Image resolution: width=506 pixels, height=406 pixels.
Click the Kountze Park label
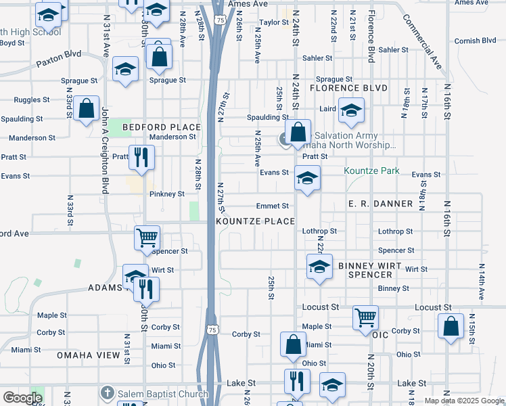[371, 171]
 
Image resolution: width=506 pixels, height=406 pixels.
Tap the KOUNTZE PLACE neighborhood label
[255, 221]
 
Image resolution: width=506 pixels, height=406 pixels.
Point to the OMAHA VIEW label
[88, 355]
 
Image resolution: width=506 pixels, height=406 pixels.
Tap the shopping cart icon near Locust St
[365, 316]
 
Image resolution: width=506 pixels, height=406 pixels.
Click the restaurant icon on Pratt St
[142, 156]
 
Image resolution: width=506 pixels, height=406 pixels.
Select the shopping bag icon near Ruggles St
[87, 108]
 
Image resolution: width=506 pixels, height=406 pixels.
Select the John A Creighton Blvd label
[105, 150]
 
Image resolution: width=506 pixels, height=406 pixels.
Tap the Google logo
[22, 398]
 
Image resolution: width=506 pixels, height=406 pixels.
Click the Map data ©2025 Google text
[464, 401]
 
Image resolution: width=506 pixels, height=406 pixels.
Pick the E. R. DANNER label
[379, 204]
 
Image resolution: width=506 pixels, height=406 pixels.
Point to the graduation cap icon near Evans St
[307, 179]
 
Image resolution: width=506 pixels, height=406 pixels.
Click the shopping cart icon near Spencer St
[147, 237]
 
